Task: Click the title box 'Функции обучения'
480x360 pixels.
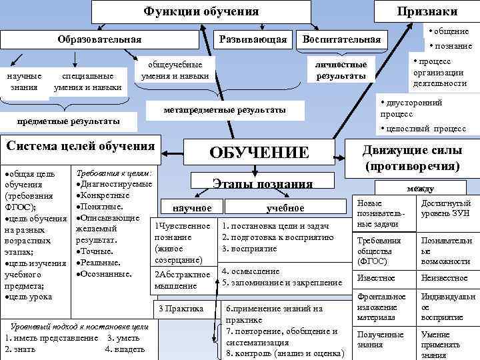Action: click(x=201, y=11)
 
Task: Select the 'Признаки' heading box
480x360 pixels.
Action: click(x=427, y=11)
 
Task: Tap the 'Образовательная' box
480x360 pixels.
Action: click(x=99, y=39)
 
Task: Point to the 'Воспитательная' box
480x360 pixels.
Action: click(x=341, y=40)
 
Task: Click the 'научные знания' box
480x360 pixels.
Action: click(x=24, y=81)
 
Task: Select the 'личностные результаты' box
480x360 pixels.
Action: click(x=345, y=70)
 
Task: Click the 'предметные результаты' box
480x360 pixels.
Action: click(x=69, y=121)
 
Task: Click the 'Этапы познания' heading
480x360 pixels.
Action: click(x=261, y=183)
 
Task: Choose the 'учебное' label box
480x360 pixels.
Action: click(x=285, y=208)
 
